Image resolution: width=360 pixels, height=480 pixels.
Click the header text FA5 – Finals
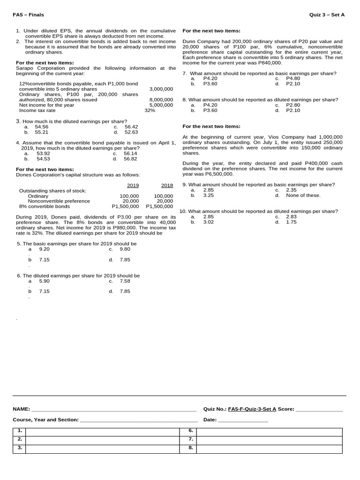[28, 15]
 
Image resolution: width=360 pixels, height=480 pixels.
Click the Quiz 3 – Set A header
[327, 15]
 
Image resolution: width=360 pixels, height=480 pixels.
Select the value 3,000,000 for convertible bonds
[161, 89]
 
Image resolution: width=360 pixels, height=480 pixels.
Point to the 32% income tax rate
[150, 111]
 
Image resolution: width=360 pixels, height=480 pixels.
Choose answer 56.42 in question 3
[131, 127]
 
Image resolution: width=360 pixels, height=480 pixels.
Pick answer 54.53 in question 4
[43, 158]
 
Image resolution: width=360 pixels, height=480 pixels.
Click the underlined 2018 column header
[167, 185]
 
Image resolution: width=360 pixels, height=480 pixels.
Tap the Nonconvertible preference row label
[59, 201]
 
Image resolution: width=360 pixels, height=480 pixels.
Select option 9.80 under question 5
[125, 249]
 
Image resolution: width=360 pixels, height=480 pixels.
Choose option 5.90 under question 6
[44, 281]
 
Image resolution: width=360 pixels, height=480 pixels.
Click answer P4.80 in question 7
[293, 79]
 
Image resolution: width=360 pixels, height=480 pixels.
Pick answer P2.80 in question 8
[293, 105]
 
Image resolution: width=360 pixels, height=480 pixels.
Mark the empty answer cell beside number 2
[102, 439]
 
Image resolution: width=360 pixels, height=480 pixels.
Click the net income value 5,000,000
[161, 105]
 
